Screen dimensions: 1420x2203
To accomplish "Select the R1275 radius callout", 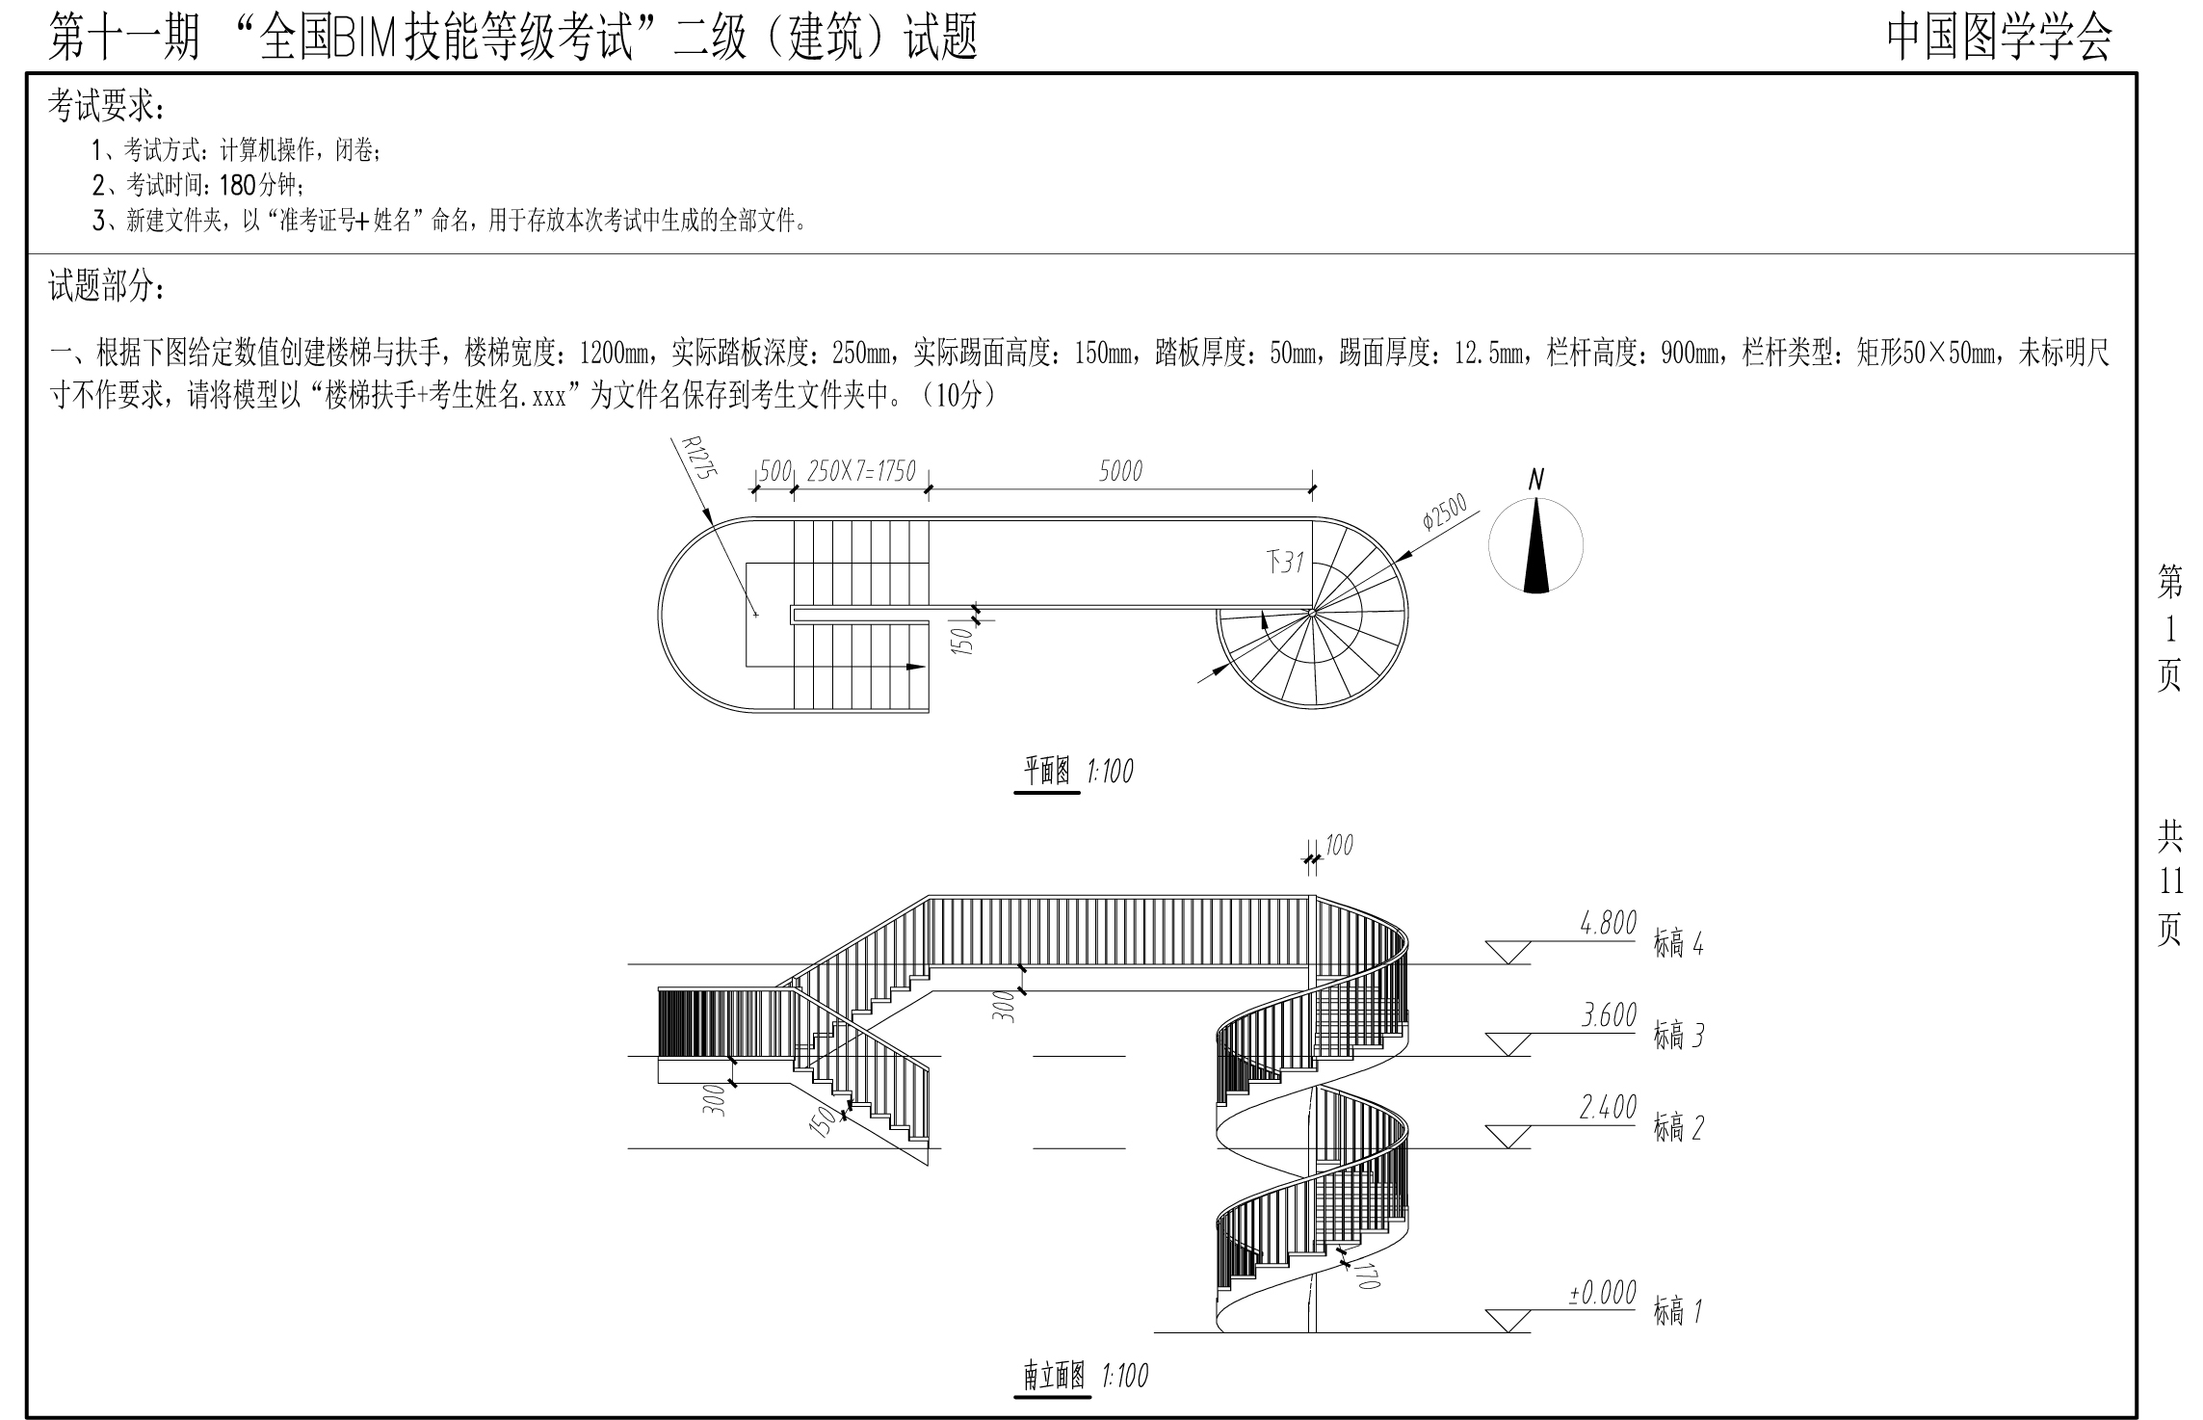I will click(696, 469).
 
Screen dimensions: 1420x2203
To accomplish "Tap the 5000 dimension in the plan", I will click(1119, 471).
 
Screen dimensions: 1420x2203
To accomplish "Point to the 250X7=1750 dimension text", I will click(860, 472).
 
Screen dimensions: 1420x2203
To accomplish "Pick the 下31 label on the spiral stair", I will click(1284, 562).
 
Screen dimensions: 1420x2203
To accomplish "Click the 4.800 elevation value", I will click(1608, 924).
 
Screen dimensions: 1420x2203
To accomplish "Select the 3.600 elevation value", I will click(1608, 1016).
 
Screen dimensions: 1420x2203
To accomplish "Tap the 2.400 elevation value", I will click(1608, 1109).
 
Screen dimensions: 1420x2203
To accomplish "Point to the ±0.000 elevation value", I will click(1602, 1294).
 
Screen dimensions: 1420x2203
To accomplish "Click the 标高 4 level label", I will click(1678, 945).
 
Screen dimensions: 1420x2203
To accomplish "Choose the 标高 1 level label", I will click(1678, 1311).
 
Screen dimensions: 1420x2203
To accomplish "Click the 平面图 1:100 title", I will click(1077, 772).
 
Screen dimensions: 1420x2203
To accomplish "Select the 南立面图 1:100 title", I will click(1085, 1376).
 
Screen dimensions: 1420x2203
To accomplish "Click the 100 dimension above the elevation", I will click(1339, 846).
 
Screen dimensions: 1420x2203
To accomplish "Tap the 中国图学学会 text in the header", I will click(1999, 39).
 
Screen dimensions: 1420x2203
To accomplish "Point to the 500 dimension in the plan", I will click(774, 472).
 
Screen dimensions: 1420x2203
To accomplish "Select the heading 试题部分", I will click(106, 286).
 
